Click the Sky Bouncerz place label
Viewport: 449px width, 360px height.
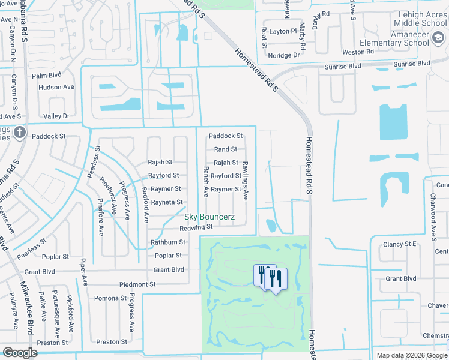coord(209,216)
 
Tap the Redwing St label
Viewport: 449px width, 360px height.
coord(196,227)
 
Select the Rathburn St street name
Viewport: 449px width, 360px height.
coord(168,242)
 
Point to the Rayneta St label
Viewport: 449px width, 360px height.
coord(167,203)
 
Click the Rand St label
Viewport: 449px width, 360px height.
coord(226,149)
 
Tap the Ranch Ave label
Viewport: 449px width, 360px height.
coord(205,182)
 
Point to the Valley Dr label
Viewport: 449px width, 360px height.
coord(57,116)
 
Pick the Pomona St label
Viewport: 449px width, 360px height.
coord(110,298)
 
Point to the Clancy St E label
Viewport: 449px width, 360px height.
coord(400,244)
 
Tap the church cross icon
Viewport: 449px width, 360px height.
coord(20,132)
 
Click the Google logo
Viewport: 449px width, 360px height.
coord(20,353)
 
